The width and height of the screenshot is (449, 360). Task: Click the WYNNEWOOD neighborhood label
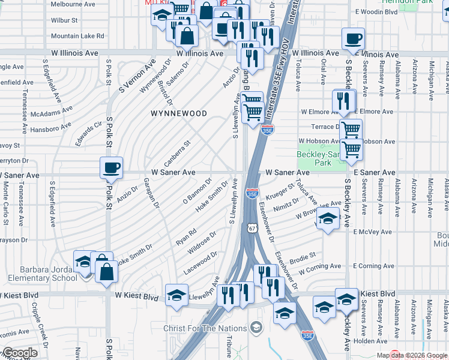click(178, 113)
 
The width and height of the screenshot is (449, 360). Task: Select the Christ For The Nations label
click(214, 328)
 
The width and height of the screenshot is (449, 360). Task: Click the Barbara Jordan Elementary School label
click(38, 274)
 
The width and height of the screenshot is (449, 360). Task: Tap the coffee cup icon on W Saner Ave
click(111, 168)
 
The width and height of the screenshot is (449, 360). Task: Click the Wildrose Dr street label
click(202, 243)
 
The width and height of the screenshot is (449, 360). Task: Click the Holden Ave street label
click(370, 341)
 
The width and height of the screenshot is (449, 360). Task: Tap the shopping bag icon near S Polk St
click(106, 271)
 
